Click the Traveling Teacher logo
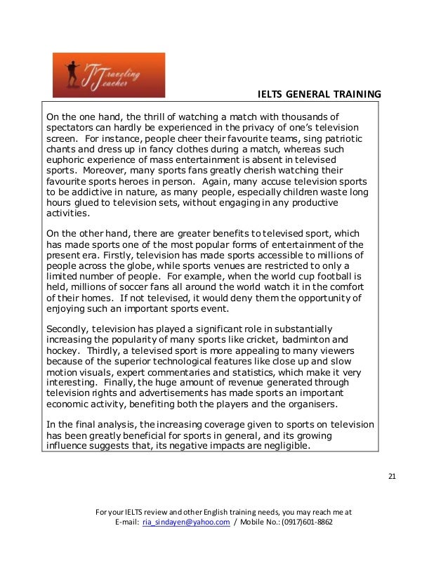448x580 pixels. pos(109,74)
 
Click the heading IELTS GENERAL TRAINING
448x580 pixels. pos(320,94)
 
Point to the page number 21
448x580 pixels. pos(392,478)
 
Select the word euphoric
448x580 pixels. pos(65,159)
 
